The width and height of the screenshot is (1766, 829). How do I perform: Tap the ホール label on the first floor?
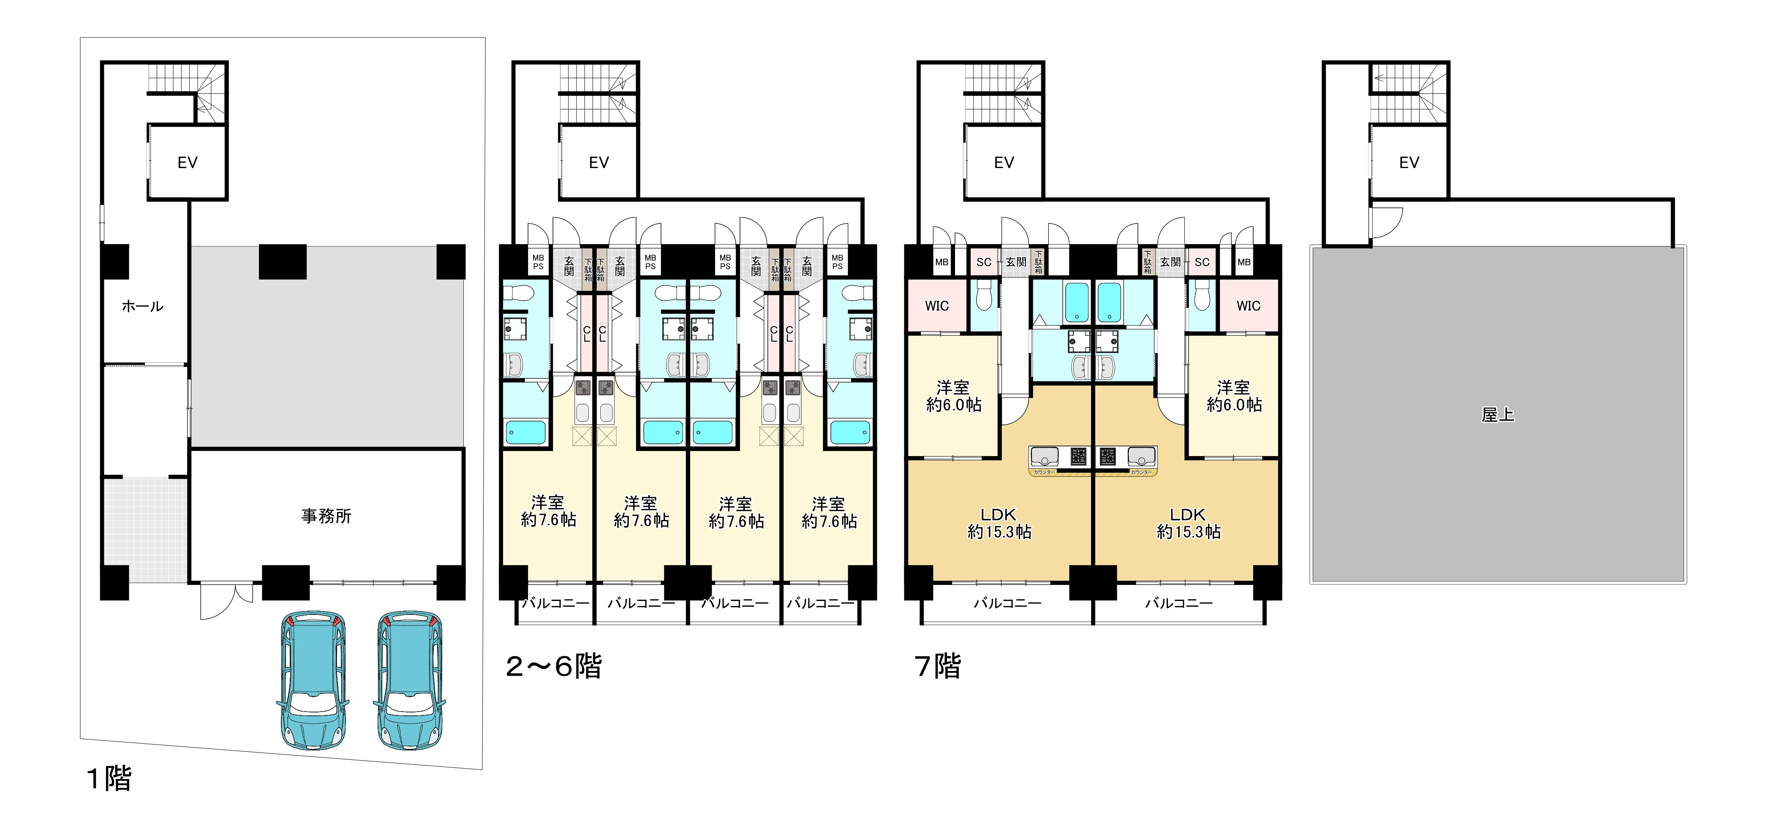click(143, 307)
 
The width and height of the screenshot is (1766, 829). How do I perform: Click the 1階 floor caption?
click(110, 779)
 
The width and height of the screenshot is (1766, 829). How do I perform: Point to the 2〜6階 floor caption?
click(554, 666)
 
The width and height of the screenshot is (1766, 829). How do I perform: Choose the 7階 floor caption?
click(938, 666)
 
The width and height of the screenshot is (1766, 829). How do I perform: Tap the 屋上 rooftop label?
click(1498, 415)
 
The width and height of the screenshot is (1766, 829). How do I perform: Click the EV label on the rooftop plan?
click(1409, 163)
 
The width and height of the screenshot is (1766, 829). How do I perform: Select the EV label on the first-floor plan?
click(187, 163)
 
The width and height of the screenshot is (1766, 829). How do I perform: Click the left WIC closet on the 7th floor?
click(937, 306)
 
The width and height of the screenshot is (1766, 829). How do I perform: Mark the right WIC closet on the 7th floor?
click(1249, 306)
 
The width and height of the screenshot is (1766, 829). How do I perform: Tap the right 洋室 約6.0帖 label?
click(1234, 396)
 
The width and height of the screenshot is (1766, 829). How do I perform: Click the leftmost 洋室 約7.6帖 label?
click(548, 511)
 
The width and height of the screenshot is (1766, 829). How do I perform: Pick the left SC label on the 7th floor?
click(984, 262)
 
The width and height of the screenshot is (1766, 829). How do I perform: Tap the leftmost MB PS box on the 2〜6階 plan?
click(538, 262)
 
